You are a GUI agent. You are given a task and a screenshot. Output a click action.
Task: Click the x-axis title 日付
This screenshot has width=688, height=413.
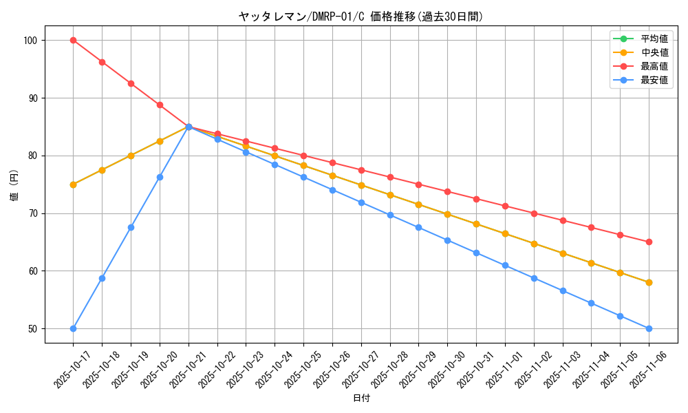pos(361,399)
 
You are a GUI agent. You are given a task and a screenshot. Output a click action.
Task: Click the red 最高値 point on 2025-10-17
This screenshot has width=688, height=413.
pos(73,40)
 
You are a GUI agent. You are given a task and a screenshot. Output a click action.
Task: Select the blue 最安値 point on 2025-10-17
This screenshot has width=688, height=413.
pos(73,328)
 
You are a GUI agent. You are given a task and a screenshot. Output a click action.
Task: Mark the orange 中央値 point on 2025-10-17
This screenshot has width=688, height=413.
pos(73,184)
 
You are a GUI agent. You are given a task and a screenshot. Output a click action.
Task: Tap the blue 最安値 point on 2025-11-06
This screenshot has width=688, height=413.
pos(649,328)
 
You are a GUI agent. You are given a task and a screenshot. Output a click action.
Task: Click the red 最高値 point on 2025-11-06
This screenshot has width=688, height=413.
pos(649,242)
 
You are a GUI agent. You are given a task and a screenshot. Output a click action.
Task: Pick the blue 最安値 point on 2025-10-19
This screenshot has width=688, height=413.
pos(131,227)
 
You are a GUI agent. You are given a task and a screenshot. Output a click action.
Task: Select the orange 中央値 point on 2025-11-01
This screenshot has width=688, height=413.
pos(505,234)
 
